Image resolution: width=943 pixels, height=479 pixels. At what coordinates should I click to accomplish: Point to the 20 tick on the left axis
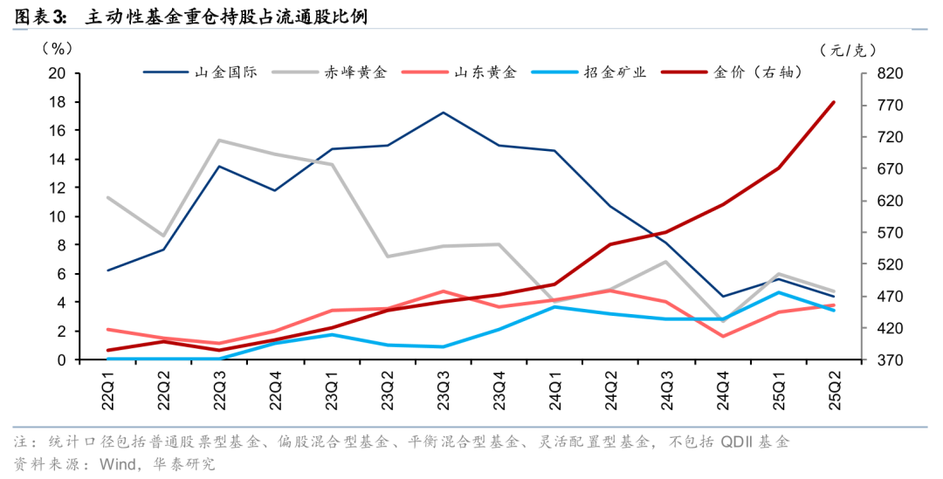pos(57,73)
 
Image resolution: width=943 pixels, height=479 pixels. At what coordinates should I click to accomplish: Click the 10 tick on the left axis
pos(57,216)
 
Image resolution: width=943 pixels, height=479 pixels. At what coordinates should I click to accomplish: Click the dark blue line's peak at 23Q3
pos(443,113)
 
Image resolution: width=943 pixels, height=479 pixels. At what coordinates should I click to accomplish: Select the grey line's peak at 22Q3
pos(219,140)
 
